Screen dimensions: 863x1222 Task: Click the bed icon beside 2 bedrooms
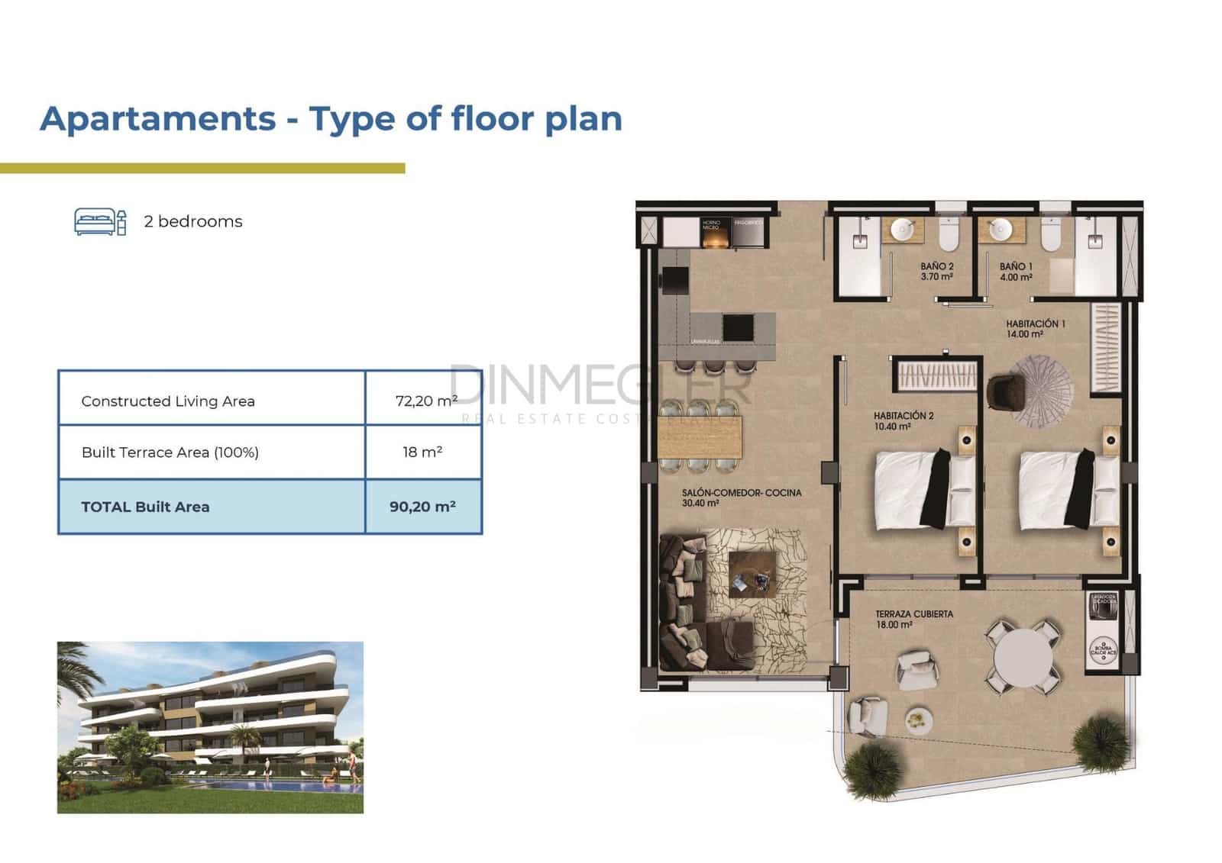[x=99, y=221]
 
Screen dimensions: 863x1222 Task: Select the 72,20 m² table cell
[x=424, y=400]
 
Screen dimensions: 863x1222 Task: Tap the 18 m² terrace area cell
[x=423, y=452]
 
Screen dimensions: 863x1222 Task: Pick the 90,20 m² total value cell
[x=423, y=507]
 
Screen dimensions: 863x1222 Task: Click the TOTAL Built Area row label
[x=145, y=507]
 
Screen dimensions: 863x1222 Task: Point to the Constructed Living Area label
[x=168, y=401]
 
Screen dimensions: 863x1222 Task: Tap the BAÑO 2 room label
[x=936, y=271]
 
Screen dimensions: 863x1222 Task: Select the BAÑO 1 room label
[x=1016, y=271]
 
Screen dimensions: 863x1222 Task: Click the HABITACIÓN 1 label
[x=1036, y=328]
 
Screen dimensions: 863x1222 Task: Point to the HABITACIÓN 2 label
[x=904, y=420]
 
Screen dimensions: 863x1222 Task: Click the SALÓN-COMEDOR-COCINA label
[x=741, y=498]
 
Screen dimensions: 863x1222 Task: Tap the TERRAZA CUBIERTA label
[x=913, y=618]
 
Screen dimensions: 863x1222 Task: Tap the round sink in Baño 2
[x=904, y=228]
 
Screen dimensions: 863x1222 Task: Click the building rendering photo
[x=210, y=726]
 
